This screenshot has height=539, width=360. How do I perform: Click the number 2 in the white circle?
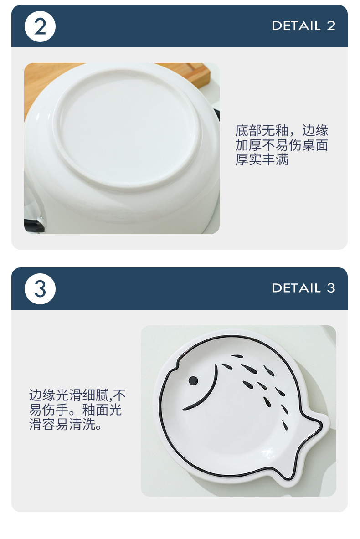[40, 26]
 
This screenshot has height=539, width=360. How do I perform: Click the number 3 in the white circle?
[40, 289]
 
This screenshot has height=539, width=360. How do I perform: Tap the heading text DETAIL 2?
[303, 26]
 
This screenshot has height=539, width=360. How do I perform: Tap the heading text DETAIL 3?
[303, 288]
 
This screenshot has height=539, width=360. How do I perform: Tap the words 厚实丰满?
[262, 160]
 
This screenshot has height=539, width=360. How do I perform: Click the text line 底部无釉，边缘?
[282, 131]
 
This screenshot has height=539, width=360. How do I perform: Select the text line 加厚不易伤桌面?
[282, 145]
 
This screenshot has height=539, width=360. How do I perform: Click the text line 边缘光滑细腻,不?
[77, 395]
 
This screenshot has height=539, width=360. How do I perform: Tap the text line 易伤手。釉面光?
[76, 410]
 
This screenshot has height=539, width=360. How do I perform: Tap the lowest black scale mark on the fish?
[285, 426]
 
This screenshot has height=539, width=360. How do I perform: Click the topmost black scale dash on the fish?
[237, 356]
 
